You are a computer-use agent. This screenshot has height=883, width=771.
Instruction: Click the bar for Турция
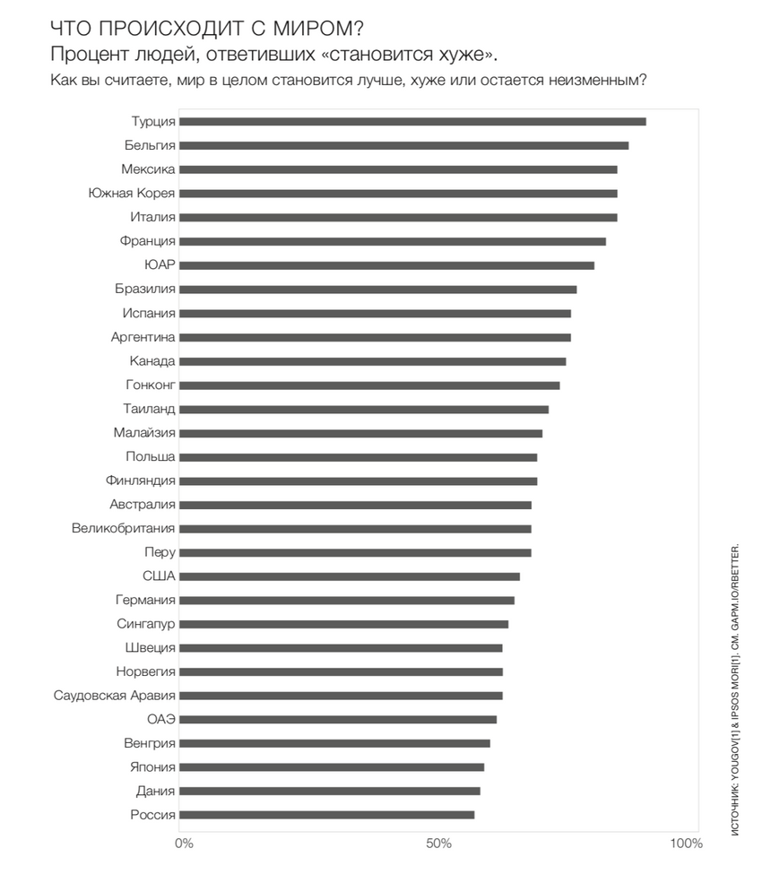(x=412, y=122)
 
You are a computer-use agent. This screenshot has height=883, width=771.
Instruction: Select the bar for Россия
(x=326, y=815)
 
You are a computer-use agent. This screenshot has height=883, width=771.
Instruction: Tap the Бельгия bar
(x=403, y=146)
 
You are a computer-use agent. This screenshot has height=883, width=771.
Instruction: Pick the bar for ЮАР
(x=386, y=265)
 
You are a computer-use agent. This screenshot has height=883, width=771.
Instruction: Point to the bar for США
(x=349, y=576)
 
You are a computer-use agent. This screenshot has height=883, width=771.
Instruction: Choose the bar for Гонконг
(x=369, y=385)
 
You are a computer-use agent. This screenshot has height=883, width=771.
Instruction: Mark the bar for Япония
(x=332, y=767)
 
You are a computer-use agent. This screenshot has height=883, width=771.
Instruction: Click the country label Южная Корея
(x=132, y=193)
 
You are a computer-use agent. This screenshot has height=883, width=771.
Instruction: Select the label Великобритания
(x=124, y=528)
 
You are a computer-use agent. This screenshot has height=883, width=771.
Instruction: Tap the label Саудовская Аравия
(x=115, y=696)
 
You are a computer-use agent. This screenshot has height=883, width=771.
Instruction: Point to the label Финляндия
(x=140, y=480)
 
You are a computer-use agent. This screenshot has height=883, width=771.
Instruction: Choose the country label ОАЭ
(x=161, y=719)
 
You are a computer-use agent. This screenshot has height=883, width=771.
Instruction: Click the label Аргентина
(x=143, y=337)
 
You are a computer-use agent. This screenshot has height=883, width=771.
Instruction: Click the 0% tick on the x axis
(x=184, y=843)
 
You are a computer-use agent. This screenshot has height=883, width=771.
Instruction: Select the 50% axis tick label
(x=438, y=843)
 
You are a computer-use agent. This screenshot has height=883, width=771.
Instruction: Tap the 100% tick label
(x=686, y=843)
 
